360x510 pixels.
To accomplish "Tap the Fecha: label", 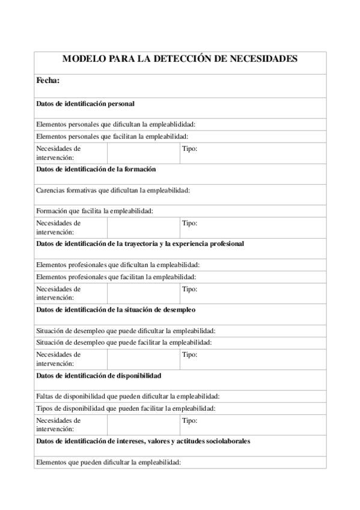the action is click(x=47, y=81).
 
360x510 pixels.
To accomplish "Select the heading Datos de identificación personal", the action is click(x=85, y=103).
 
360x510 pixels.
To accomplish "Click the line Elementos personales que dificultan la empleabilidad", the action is click(x=115, y=124).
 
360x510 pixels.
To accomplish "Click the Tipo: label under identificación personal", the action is click(x=190, y=148).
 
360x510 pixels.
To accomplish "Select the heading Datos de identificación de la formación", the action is click(x=96, y=170).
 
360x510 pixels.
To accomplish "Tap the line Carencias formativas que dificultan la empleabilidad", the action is click(x=113, y=190).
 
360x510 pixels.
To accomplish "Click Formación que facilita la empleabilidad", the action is click(x=94, y=210).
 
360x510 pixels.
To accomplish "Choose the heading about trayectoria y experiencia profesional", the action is click(x=140, y=244).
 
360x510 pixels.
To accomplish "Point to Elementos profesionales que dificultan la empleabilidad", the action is click(x=118, y=265).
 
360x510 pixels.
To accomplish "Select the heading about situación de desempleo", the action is click(x=116, y=310).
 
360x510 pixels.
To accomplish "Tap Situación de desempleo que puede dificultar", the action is click(x=126, y=331).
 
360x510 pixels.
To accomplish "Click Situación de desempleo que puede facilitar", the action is click(x=123, y=342).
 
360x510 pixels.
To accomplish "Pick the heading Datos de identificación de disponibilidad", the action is click(x=99, y=375).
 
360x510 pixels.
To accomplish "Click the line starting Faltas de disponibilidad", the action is click(x=127, y=396).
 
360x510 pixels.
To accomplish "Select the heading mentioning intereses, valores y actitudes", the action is click(x=143, y=441).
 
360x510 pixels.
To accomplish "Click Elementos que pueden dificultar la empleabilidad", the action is click(x=108, y=462).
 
